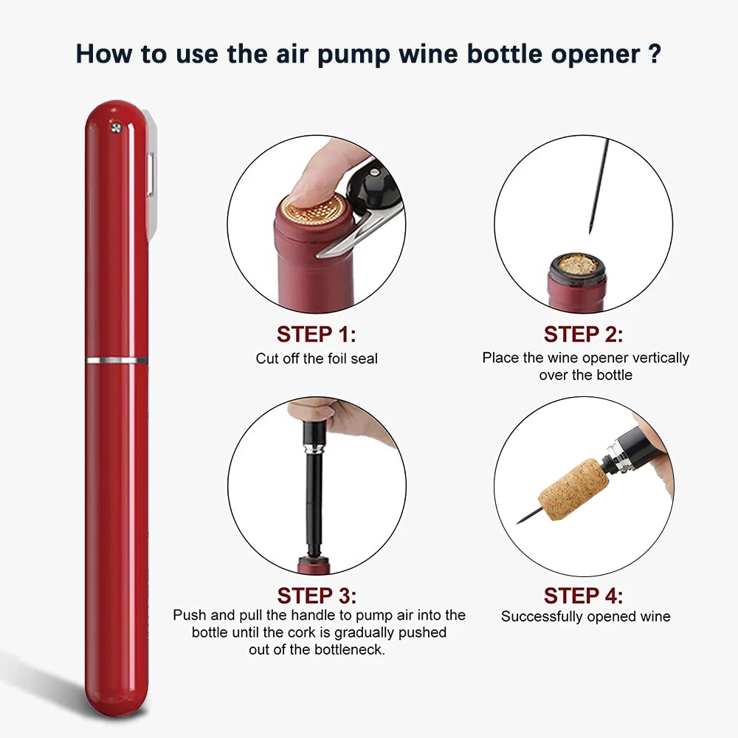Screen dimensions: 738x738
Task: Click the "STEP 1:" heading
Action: click(316, 334)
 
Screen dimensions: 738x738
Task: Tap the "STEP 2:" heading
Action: click(583, 334)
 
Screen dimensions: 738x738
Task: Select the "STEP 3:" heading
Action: click(317, 595)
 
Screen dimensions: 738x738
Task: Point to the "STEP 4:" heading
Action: click(583, 595)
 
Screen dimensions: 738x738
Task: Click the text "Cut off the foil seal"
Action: click(317, 359)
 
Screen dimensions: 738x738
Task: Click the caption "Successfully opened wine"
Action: click(585, 616)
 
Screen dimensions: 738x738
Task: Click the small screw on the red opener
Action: click(116, 128)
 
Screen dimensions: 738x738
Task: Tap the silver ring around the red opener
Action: click(117, 360)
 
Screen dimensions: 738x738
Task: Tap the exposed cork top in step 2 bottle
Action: click(576, 263)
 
